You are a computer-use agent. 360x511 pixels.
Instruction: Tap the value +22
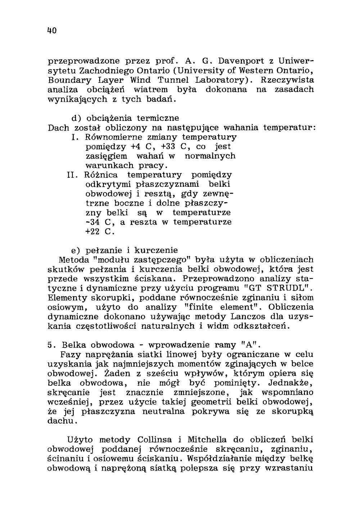pos(93,231)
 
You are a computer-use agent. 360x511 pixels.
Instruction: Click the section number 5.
pos(50,345)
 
